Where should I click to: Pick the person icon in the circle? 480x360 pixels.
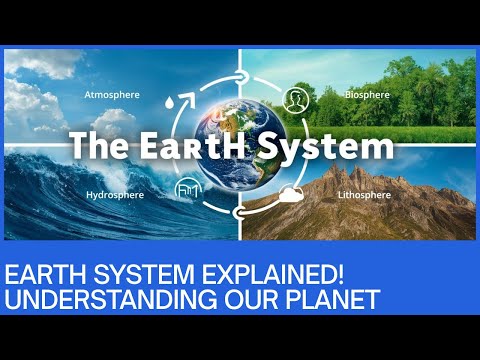tap(294, 99)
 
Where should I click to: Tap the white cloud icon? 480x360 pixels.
tap(293, 194)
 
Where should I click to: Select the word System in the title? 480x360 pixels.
tap(340, 147)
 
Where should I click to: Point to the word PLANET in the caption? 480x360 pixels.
tap(326, 298)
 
